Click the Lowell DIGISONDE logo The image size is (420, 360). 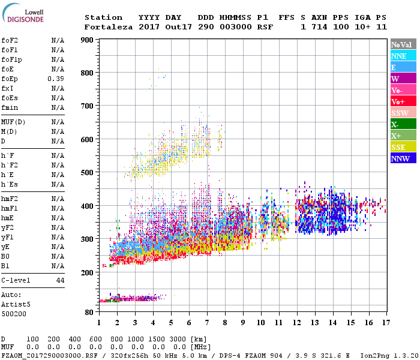click(x=21, y=15)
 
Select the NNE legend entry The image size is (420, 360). click(x=403, y=56)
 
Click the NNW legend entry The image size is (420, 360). click(x=403, y=158)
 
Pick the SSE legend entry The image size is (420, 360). click(x=403, y=147)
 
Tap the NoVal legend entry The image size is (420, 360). click(x=403, y=44)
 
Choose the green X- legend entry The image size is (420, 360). click(x=403, y=124)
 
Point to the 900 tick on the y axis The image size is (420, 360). click(x=87, y=40)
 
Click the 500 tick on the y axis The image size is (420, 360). click(x=87, y=173)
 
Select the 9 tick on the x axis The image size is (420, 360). click(x=243, y=322)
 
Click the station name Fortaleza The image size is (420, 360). click(x=109, y=27)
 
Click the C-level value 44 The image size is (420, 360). click(x=60, y=280)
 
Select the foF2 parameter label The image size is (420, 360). click(x=9, y=40)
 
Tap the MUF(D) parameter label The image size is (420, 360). click(x=13, y=122)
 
